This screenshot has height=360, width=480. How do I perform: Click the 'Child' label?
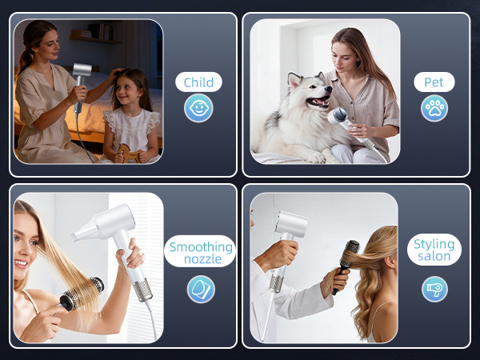click(x=198, y=82)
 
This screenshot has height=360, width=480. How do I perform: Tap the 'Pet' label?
click(x=434, y=82)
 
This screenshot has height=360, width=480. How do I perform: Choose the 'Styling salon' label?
click(x=434, y=250)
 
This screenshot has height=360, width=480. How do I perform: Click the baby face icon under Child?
click(x=198, y=108)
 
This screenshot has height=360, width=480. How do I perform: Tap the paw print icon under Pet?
click(x=434, y=108)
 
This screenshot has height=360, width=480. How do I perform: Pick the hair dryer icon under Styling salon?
click(x=434, y=289)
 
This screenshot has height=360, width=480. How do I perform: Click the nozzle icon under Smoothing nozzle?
click(x=200, y=289)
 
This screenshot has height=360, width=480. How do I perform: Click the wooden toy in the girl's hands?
click(x=130, y=152)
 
